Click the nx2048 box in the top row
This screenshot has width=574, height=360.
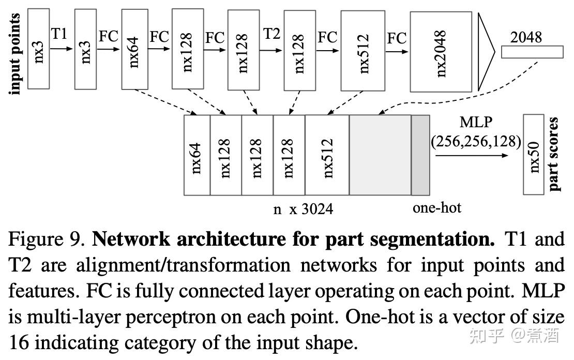tap(441, 52)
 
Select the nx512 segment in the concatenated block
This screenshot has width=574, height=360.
tap(327, 155)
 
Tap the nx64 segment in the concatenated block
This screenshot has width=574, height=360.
tap(197, 155)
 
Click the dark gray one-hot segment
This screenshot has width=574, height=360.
tap(420, 155)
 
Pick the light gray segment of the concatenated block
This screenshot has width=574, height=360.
tap(380, 155)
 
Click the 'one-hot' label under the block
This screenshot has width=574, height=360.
tap(436, 208)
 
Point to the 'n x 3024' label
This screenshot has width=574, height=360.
tap(304, 209)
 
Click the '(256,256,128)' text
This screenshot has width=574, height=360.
tap(476, 141)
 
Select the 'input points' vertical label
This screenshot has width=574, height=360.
tap(15, 54)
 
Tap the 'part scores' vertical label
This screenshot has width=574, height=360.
tap(554, 154)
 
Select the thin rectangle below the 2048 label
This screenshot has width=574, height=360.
tap(532, 52)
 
